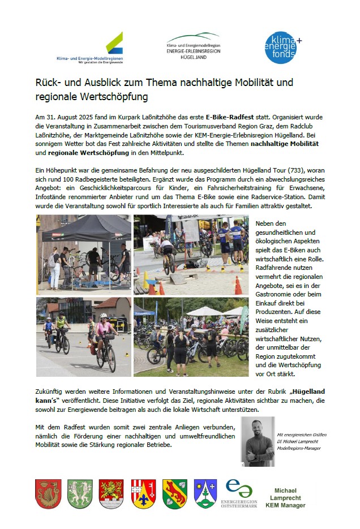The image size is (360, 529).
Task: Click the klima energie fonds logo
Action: click(283, 48)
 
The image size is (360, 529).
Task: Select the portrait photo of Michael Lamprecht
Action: click(258, 441)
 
